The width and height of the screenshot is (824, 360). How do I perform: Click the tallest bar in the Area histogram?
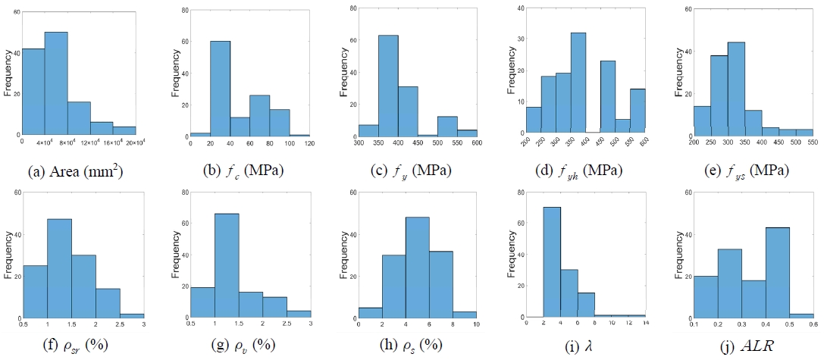point(56,83)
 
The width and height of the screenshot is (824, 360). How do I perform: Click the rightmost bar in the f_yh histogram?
point(638,111)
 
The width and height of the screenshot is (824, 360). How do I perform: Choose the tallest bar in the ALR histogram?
point(717,272)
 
